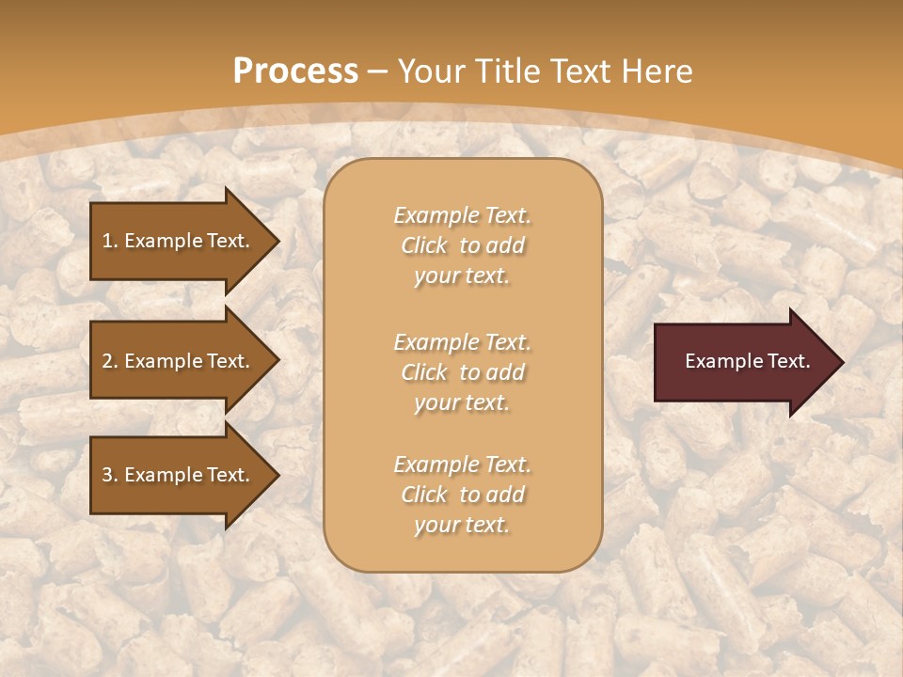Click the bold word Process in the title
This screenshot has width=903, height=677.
point(295,71)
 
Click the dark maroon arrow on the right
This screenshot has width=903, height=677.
point(743,361)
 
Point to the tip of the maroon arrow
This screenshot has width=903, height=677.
point(842,362)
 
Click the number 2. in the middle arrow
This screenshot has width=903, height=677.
point(110,361)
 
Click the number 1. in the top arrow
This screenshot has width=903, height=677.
point(110,241)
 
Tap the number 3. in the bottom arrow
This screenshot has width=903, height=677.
point(110,475)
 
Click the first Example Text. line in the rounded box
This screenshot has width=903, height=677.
point(462,215)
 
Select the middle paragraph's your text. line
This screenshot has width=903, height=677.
point(462,402)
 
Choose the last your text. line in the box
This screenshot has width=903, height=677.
point(462,525)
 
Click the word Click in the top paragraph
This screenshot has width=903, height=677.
point(424,245)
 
